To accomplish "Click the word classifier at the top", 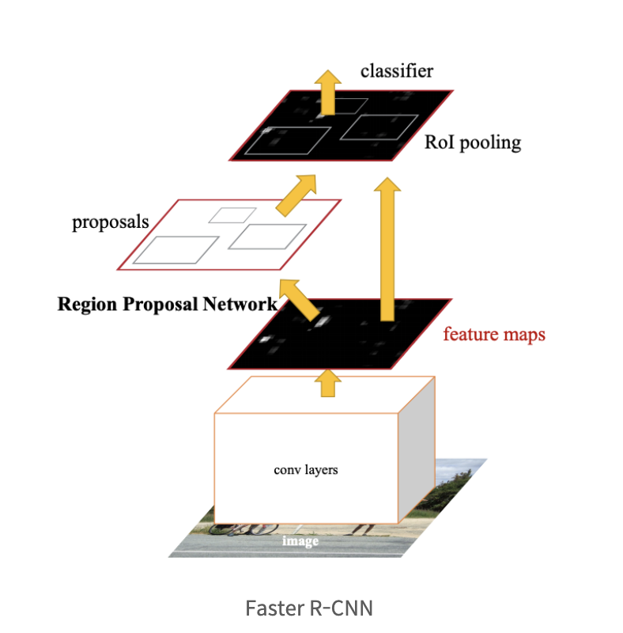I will pyautogui.click(x=396, y=71).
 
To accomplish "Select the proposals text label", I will pyautogui.click(x=111, y=222).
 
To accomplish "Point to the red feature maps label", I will pyautogui.click(x=494, y=334).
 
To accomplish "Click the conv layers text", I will pyautogui.click(x=306, y=469).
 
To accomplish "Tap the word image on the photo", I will pyautogui.click(x=300, y=541).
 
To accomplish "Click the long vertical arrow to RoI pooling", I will pyautogui.click(x=387, y=249).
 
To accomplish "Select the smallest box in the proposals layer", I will pyautogui.click(x=232, y=214).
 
